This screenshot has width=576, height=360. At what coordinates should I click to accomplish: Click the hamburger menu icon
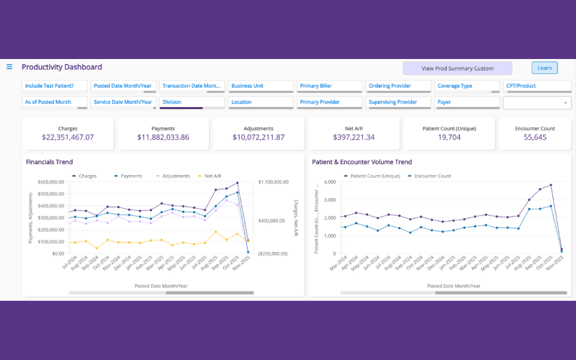(x=9, y=67)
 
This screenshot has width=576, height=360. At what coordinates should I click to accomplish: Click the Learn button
(x=544, y=68)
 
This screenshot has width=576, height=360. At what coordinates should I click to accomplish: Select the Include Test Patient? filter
(x=55, y=86)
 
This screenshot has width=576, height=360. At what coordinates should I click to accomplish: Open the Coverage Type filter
(x=467, y=86)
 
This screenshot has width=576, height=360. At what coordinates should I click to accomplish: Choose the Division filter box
(x=192, y=102)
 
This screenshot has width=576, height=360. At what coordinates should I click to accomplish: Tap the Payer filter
(x=467, y=102)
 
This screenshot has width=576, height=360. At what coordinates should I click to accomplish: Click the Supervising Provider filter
(x=398, y=102)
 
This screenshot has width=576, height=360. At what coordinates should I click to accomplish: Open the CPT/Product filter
(x=536, y=86)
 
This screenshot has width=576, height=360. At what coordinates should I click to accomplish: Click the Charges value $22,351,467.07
(x=68, y=138)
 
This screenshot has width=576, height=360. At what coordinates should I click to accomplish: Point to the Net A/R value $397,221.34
(x=354, y=138)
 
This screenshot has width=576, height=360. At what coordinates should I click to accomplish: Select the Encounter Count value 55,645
(x=535, y=138)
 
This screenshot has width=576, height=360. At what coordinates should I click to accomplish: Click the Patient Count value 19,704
(x=449, y=138)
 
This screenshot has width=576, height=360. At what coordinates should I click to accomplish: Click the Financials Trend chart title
(x=49, y=162)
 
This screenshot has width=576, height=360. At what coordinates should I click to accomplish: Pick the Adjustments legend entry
(x=174, y=176)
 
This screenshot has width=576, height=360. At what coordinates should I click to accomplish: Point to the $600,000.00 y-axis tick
(x=50, y=182)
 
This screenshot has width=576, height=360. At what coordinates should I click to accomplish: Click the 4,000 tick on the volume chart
(x=328, y=182)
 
